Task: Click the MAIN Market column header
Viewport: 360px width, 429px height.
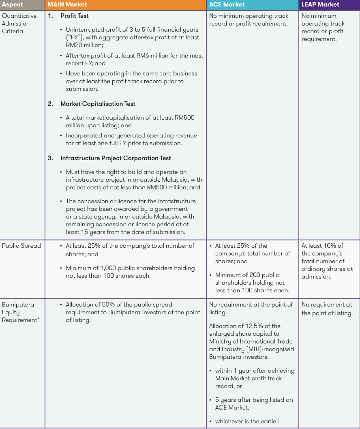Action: pyautogui.click(x=67, y=4)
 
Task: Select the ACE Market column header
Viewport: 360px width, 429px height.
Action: pyautogui.click(x=227, y=4)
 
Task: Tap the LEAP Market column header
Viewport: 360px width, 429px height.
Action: pyautogui.click(x=320, y=4)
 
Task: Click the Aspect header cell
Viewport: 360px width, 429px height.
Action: pyautogui.click(x=13, y=4)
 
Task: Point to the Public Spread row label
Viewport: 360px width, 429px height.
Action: pyautogui.click(x=21, y=246)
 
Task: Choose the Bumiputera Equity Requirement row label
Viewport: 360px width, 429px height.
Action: pyautogui.click(x=18, y=312)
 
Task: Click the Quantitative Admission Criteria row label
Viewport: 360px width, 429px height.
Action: pyautogui.click(x=19, y=24)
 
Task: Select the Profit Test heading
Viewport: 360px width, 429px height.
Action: pyautogui.click(x=75, y=16)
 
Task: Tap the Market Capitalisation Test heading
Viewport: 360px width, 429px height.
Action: pyautogui.click(x=98, y=104)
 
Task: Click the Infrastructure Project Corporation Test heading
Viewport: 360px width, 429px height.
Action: pyautogui.click(x=116, y=158)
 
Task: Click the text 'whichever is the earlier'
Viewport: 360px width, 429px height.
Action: pyautogui.click(x=247, y=421)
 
